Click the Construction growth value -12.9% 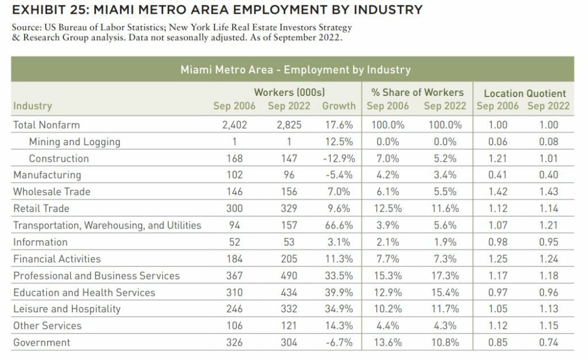click(339, 158)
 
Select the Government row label click(41, 342)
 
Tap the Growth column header click(339, 106)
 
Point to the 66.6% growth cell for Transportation click(339, 226)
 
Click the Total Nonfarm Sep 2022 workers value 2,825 click(289, 125)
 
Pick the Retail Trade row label click(41, 208)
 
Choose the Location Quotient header click(525, 94)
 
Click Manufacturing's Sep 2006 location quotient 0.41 click(498, 175)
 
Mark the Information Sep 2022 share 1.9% click(445, 242)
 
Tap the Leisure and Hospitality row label click(67, 309)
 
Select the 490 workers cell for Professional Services click(289, 276)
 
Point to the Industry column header click(33, 106)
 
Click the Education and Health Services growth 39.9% click(339, 292)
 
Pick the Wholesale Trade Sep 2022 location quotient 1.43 click(548, 192)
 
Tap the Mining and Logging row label click(75, 142)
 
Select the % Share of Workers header click(417, 92)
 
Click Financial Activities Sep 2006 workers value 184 click(234, 259)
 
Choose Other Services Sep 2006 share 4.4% click(388, 326)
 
